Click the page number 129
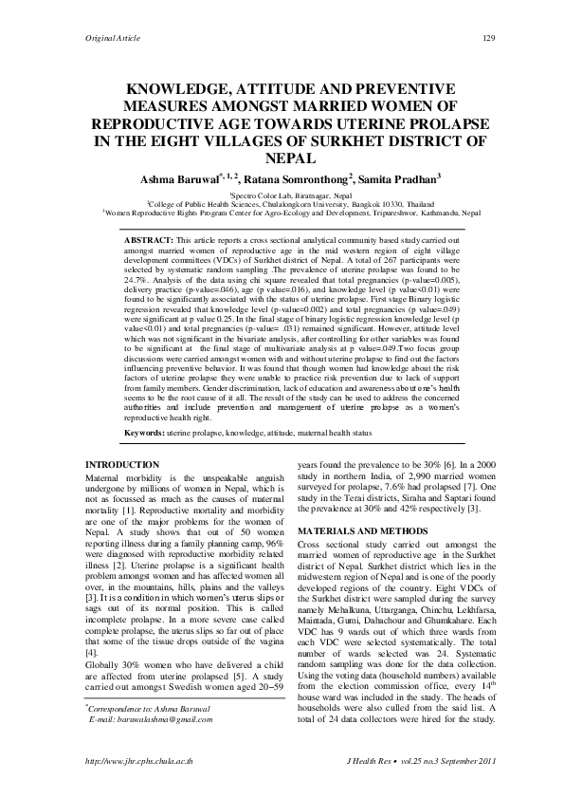[490, 37]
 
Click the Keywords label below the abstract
[144, 432]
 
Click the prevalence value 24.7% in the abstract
[137, 281]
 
